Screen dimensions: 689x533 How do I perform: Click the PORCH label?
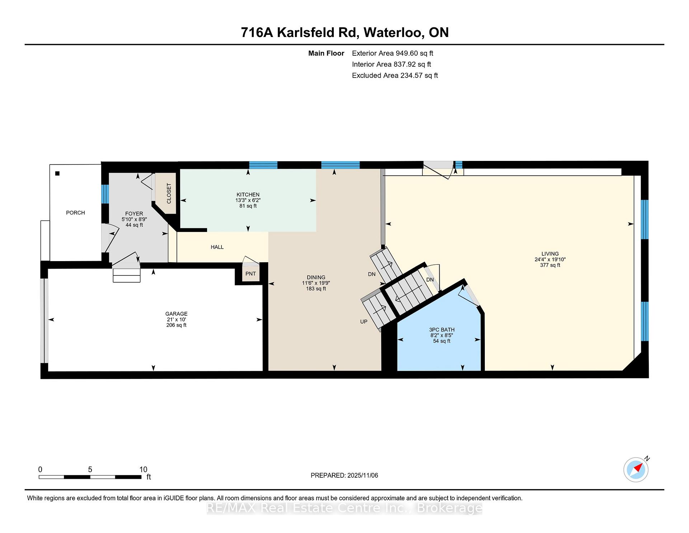click(75, 213)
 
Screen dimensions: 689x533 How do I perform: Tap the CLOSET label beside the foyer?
click(169, 193)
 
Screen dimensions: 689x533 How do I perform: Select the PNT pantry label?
click(250, 274)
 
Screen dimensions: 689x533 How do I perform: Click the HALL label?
click(217, 247)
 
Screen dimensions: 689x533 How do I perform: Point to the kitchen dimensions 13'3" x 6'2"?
click(248, 200)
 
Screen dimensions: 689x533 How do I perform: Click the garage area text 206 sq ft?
click(176, 325)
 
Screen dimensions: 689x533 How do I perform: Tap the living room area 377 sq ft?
click(550, 265)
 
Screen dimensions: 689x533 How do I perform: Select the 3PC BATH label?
click(442, 330)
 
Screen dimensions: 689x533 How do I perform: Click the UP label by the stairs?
click(364, 322)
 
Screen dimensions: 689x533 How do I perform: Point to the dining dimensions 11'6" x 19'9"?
click(316, 283)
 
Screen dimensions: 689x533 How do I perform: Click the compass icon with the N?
click(636, 469)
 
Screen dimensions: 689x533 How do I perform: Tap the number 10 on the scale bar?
click(143, 469)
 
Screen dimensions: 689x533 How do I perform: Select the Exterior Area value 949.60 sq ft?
click(414, 53)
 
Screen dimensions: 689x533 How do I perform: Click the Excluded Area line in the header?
click(395, 75)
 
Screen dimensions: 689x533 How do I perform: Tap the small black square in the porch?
click(57, 173)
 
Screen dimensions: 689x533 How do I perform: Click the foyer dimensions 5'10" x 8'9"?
click(134, 219)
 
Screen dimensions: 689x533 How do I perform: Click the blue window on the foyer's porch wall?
click(105, 194)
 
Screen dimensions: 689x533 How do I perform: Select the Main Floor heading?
click(326, 53)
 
